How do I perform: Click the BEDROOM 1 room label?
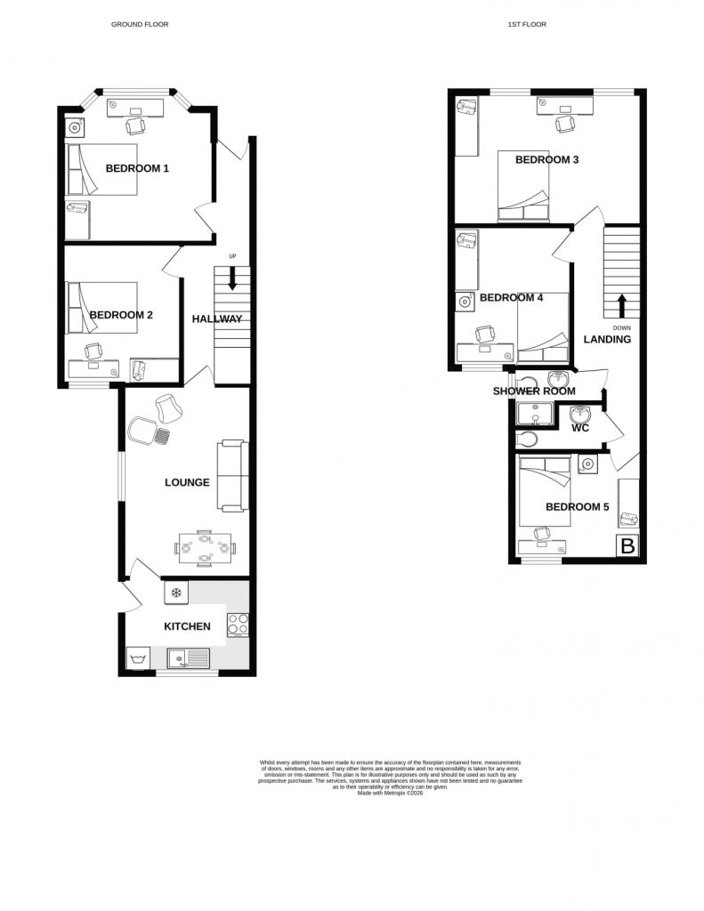(137, 168)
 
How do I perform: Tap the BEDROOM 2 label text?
(121, 315)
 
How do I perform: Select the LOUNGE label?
(187, 482)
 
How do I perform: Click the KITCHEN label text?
(187, 626)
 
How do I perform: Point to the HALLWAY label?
(216, 318)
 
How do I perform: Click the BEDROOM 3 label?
(547, 160)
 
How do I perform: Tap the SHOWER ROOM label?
(534, 391)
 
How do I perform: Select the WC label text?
(580, 428)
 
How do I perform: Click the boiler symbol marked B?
(627, 546)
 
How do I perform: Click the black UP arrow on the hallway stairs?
(232, 278)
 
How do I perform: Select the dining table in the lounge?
(206, 548)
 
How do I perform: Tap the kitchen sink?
(188, 658)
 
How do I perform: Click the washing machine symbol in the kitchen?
(138, 659)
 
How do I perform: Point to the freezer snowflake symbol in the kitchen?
(175, 593)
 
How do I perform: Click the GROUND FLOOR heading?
(140, 24)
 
